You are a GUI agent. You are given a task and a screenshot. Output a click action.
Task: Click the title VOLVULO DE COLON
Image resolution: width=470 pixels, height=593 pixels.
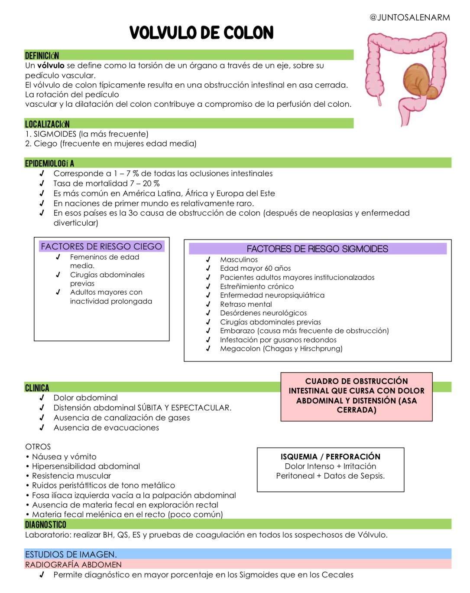[x=201, y=33]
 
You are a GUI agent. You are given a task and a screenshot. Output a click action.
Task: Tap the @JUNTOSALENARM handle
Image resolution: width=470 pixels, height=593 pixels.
[x=409, y=17]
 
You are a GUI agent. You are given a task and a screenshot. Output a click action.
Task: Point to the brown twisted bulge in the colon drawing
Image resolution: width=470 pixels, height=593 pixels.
[x=418, y=80]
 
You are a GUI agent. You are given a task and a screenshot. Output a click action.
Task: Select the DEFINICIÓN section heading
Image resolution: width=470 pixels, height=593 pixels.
[x=42, y=56]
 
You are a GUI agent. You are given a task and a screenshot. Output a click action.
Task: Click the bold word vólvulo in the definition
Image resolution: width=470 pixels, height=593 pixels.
[x=51, y=66]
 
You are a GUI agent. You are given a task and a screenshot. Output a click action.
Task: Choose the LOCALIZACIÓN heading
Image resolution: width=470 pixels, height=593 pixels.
[x=47, y=124]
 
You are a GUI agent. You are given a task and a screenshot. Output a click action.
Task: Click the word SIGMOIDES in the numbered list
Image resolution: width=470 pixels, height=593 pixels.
[x=55, y=134]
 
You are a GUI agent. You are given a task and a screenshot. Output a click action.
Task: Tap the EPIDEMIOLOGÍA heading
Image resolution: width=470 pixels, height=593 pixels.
[x=49, y=164]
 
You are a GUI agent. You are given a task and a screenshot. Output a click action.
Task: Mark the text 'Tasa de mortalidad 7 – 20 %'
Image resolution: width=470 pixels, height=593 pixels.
[x=107, y=183]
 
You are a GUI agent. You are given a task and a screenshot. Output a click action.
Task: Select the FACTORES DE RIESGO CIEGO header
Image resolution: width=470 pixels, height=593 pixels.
[x=101, y=246]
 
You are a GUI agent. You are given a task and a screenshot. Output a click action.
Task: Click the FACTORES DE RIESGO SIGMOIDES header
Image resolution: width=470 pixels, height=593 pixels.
[x=317, y=249]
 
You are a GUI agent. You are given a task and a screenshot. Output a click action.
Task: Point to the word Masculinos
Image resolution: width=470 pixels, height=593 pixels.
[x=239, y=259]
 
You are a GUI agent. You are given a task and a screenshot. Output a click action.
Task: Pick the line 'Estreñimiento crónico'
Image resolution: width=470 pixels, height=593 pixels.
[x=256, y=286]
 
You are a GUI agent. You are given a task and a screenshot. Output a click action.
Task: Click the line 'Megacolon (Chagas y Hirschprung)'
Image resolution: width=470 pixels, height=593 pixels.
[x=281, y=348]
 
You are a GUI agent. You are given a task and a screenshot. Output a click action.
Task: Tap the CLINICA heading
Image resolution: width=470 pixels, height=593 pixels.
[x=37, y=388]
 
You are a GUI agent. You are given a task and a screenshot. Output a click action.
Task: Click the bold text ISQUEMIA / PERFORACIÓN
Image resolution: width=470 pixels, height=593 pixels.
[x=330, y=456]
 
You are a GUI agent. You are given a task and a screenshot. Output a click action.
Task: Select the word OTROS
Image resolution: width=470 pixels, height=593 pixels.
[x=38, y=446]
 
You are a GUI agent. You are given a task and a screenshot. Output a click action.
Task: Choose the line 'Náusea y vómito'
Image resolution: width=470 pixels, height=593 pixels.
[x=64, y=456]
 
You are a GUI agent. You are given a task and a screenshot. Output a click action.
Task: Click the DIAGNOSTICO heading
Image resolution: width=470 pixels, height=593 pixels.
[x=45, y=524]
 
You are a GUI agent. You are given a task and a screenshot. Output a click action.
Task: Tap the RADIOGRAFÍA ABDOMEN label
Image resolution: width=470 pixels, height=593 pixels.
[x=73, y=564]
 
